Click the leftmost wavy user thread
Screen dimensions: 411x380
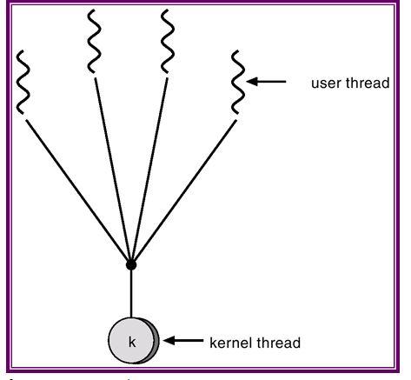[23, 82]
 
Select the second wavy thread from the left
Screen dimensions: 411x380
[95, 41]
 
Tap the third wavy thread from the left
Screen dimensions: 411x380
[168, 41]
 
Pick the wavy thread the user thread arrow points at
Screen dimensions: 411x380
[238, 82]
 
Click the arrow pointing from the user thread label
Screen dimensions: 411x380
[266, 82]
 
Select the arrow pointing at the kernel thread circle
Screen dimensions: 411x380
[183, 340]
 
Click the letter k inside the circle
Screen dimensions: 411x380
[132, 342]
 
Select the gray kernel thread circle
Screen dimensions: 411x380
[134, 340]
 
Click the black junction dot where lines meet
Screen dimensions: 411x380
[131, 264]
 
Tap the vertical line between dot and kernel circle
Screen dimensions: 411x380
[131, 294]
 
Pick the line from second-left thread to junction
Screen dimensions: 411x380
[112, 169]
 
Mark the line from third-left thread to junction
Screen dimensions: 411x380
[149, 169]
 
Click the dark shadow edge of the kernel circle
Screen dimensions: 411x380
[156, 341]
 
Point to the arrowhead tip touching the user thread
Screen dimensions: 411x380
[247, 82]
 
